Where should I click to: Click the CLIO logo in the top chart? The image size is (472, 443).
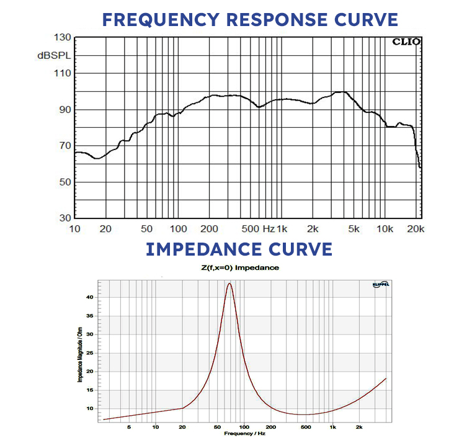406,42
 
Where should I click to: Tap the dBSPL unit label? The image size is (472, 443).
54,56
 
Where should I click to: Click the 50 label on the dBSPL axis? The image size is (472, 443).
64,182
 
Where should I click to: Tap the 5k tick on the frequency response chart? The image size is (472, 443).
354,229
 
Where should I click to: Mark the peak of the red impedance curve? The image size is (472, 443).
229,284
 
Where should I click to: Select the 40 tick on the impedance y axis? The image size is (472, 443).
90,297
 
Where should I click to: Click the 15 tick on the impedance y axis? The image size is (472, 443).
90,390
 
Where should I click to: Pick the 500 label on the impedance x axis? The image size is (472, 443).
305,427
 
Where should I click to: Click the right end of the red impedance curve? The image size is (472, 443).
386,378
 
